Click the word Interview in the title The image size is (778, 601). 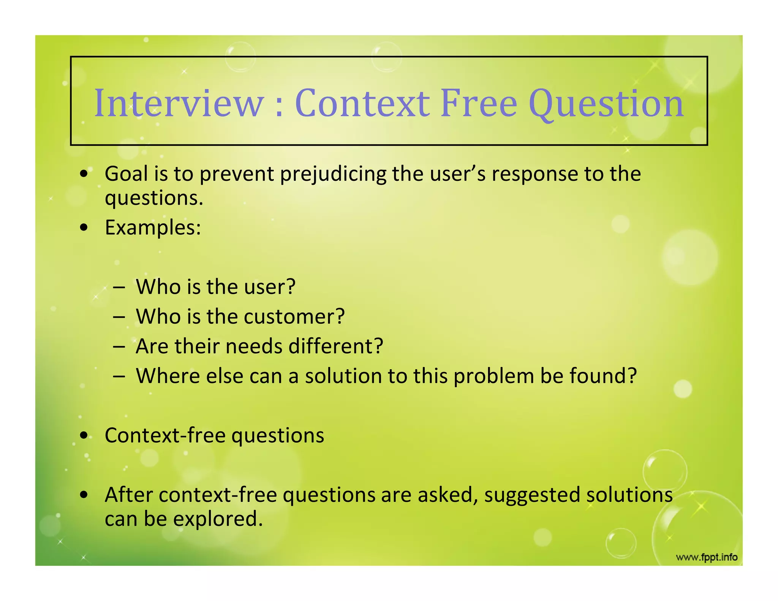[x=179, y=103]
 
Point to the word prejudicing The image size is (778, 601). [x=333, y=174]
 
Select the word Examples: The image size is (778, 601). [x=153, y=228]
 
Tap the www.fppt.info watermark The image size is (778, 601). [x=707, y=557]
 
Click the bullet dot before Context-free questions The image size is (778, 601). [x=84, y=435]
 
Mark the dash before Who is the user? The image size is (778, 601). [x=119, y=287]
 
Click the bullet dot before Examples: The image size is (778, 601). [x=84, y=228]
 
